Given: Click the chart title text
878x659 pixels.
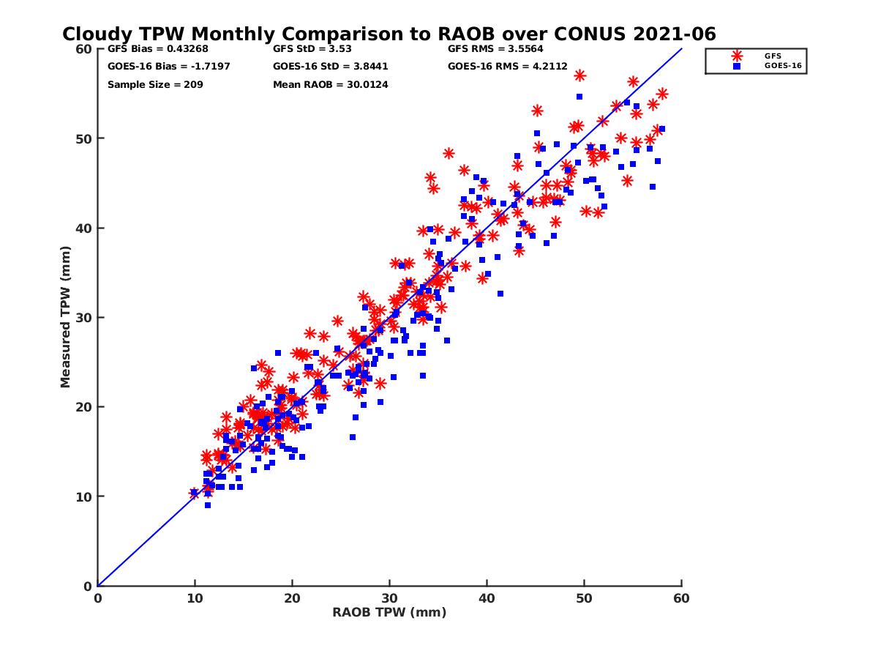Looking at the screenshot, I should coord(389,34).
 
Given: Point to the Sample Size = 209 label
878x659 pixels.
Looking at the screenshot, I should coord(155,84).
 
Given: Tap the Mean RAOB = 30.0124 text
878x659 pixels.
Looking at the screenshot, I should coord(330,84).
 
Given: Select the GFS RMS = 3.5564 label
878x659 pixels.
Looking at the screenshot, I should coord(495,50).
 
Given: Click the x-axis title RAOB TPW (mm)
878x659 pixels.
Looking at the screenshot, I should coord(389,613).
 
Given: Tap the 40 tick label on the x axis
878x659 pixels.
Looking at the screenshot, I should coord(487,598).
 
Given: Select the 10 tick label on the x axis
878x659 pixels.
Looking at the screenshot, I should coord(195,598).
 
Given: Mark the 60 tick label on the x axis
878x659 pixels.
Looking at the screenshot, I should coord(681,598).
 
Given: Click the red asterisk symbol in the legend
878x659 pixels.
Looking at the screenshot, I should coord(737,56).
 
